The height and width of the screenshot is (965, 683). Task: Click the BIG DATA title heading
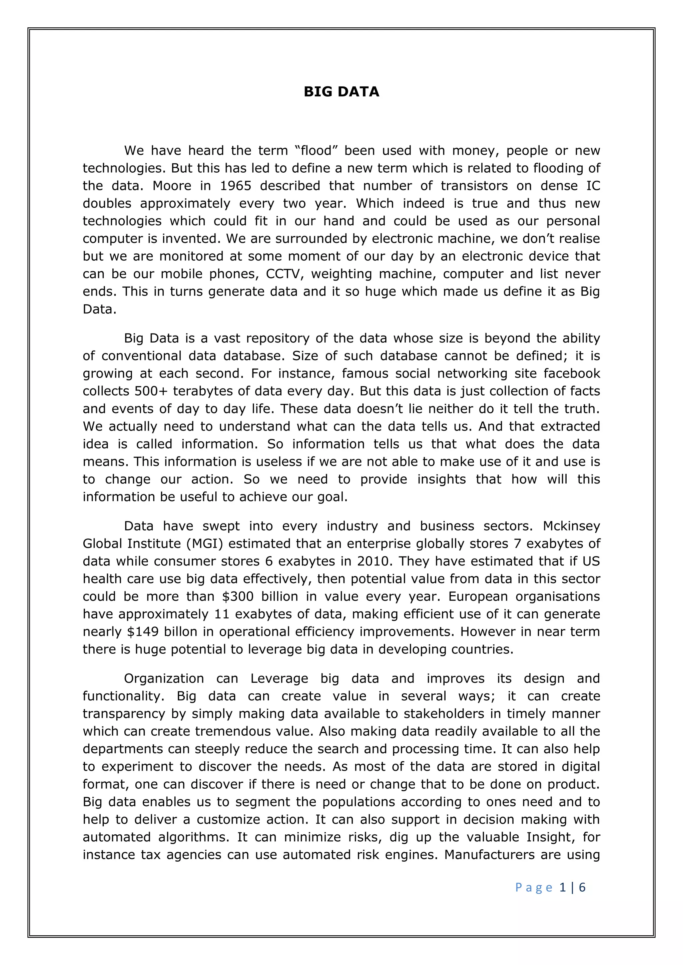(341, 92)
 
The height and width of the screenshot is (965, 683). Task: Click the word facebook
(572, 374)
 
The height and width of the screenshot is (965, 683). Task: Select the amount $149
(143, 632)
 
